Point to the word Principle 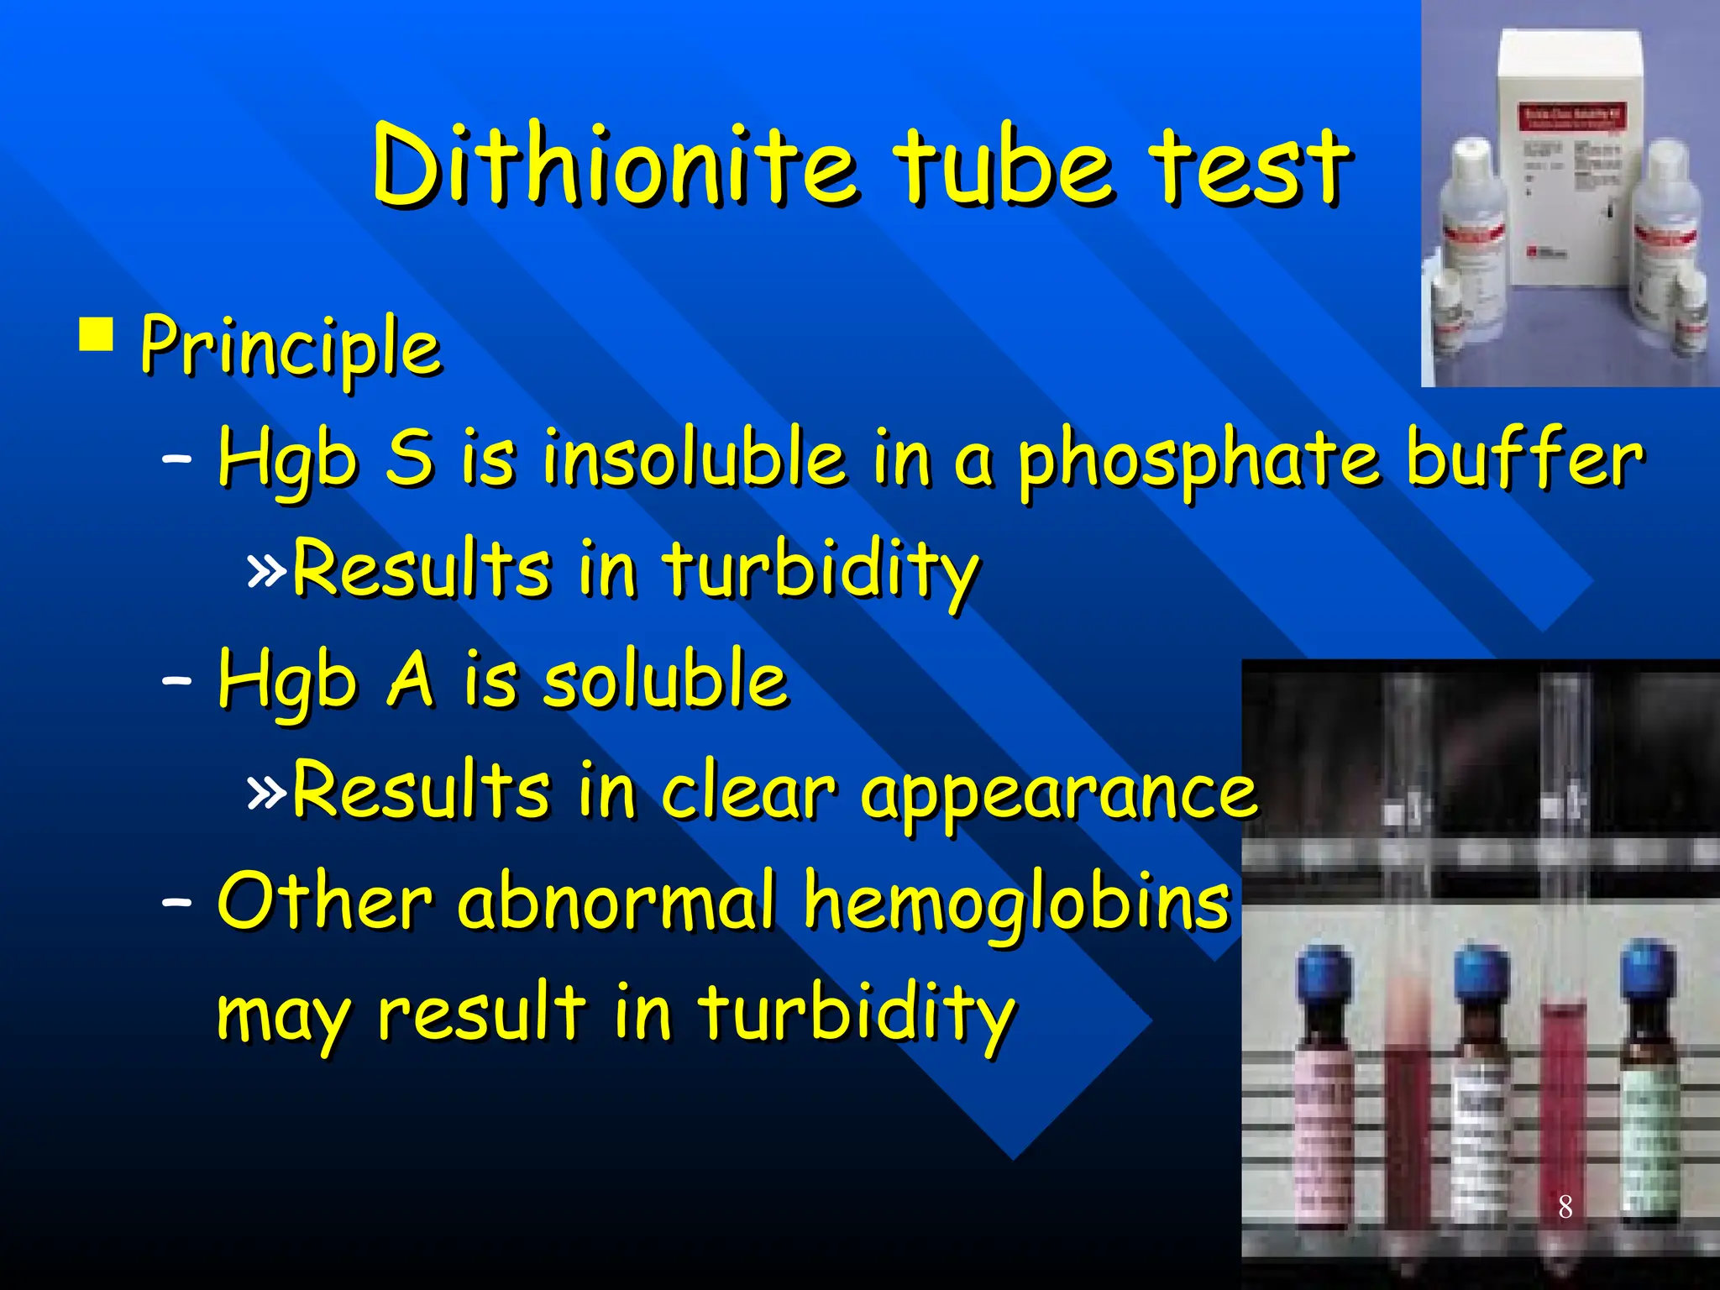[x=291, y=347]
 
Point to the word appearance [x=1058, y=794]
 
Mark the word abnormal [x=617, y=901]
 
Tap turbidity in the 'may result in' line [x=857, y=1012]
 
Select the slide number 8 [x=1565, y=1207]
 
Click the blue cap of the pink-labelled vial [x=1324, y=974]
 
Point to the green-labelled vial [x=1649, y=1125]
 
